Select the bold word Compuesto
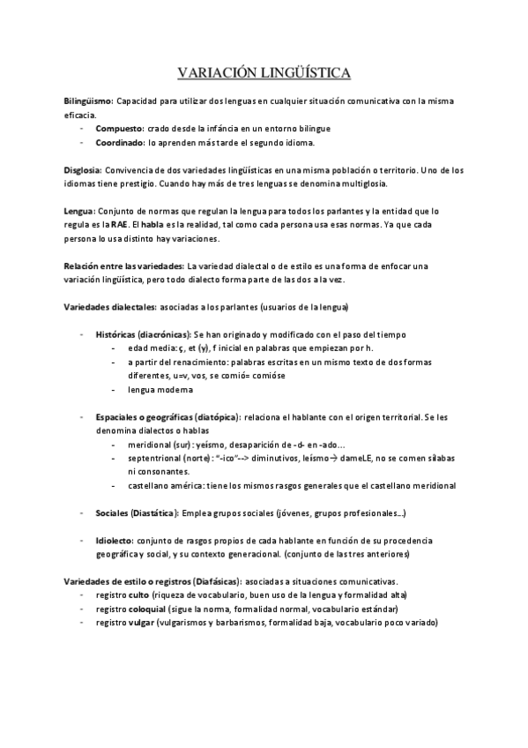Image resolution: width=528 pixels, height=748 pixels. point(120,128)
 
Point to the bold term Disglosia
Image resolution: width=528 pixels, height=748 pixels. point(83,169)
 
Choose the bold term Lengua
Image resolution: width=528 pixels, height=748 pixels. point(78,212)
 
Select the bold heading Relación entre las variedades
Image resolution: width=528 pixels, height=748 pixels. point(123,266)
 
